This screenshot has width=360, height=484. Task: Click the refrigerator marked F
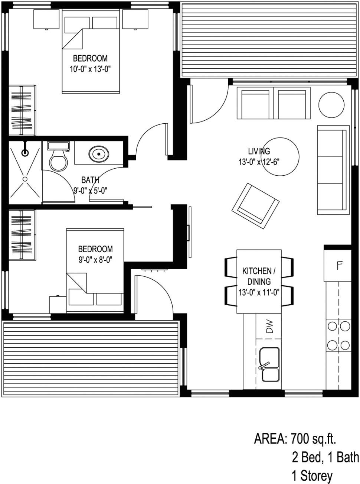coord(338,266)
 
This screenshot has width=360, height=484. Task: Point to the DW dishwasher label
coord(269,327)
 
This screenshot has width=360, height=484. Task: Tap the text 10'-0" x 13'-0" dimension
coord(91,69)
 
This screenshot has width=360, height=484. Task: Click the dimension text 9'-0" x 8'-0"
coord(95,260)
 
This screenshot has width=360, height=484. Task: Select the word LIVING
coord(259,151)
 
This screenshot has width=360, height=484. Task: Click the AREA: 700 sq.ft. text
coord(295,439)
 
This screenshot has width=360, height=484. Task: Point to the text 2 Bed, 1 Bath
coord(325,457)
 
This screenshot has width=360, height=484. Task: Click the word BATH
coord(90,180)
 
